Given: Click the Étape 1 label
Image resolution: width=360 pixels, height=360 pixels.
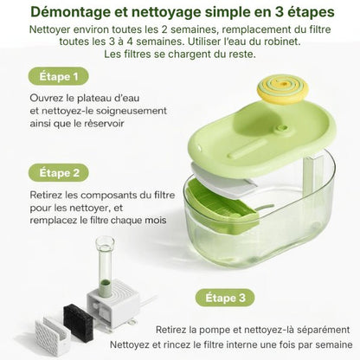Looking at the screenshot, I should pos(59,76).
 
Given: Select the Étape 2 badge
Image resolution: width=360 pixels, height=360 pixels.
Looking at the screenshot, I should pos(59,172).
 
